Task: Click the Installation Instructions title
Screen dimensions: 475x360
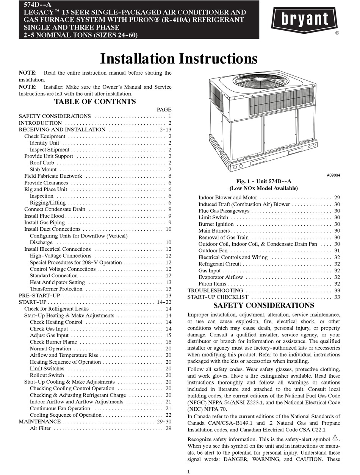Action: (178, 59)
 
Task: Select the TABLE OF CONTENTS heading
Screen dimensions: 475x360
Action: (95, 102)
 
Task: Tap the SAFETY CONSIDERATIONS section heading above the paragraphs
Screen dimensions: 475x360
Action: (264, 305)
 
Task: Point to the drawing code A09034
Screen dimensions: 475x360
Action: (333, 176)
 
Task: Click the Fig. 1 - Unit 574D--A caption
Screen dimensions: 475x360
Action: (264, 182)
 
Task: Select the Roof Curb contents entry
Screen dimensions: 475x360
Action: (42, 163)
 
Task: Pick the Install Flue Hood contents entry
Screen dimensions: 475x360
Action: (44, 216)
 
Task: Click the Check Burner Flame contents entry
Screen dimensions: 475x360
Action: (53, 342)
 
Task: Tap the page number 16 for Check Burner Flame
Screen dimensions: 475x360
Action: (168, 342)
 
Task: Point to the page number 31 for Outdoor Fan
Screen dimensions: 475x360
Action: (337, 251)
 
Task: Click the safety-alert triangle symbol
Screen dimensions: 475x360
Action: (335, 439)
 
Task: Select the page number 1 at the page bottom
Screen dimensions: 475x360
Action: (188, 471)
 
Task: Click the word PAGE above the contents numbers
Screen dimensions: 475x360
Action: (164, 109)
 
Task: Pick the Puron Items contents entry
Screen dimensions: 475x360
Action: (212, 284)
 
